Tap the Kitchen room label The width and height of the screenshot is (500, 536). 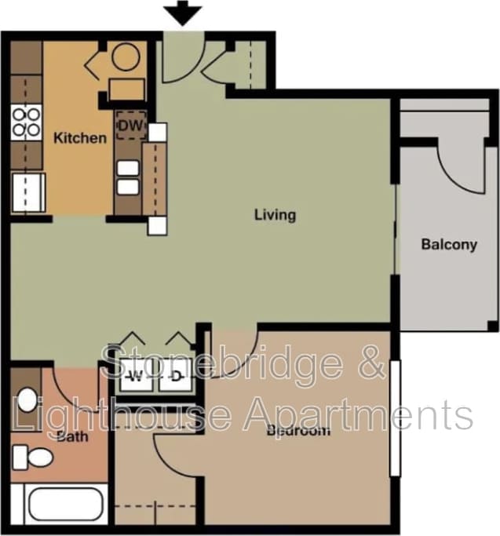tap(79, 138)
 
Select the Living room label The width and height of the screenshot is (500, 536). tap(275, 214)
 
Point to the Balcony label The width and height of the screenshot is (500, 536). tap(449, 244)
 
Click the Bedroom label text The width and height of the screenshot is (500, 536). tap(297, 430)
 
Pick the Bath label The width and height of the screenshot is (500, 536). tap(72, 436)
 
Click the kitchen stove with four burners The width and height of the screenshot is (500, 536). tap(27, 123)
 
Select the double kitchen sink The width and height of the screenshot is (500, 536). tap(128, 177)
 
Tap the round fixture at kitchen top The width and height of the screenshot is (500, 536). tap(125, 57)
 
